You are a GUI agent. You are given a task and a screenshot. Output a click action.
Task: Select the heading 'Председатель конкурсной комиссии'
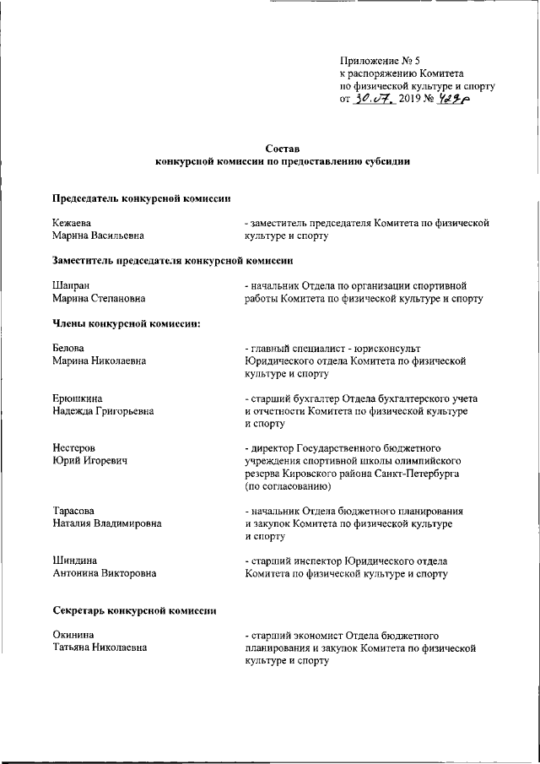pos(141,199)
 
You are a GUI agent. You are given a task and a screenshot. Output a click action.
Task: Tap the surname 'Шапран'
pos(71,285)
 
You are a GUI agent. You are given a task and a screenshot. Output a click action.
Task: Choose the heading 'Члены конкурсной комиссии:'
pos(126,325)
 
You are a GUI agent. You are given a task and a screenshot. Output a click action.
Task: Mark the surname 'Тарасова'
pos(74,511)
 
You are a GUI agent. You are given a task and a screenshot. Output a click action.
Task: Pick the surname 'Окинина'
pos(73,633)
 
